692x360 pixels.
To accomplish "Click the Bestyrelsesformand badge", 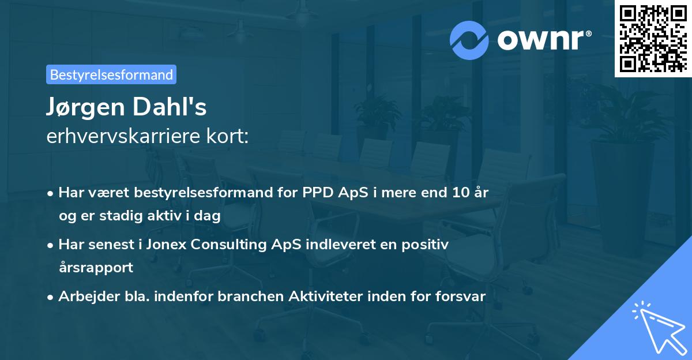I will click(111, 74).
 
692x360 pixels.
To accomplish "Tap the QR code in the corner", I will click(653, 38).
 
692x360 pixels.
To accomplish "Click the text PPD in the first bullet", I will click(317, 193).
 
